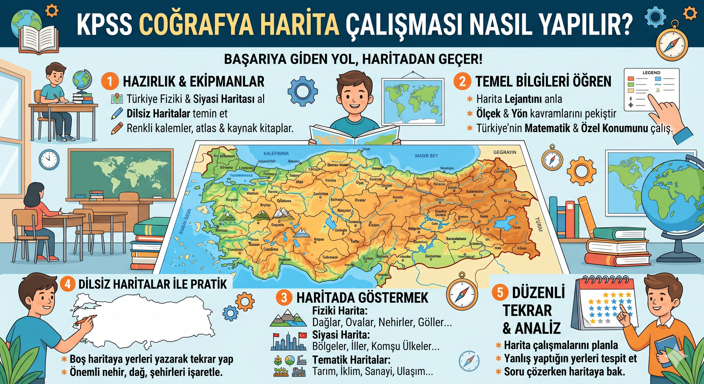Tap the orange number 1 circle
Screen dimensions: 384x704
[x=109, y=81]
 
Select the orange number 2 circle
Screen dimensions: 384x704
[x=462, y=81]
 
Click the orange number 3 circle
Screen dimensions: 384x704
[x=284, y=298]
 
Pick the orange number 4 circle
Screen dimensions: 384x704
[x=68, y=284]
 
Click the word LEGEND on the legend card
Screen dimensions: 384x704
[x=651, y=73]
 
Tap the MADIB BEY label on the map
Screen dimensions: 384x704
[x=426, y=156]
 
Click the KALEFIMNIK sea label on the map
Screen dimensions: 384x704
[x=276, y=153]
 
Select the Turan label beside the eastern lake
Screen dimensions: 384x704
[x=516, y=227]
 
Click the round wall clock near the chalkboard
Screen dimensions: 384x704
[x=49, y=160]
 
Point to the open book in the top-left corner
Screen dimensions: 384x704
[x=38, y=39]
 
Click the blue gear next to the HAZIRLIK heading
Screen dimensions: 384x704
[x=302, y=91]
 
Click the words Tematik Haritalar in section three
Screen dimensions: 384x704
[x=351, y=360]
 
